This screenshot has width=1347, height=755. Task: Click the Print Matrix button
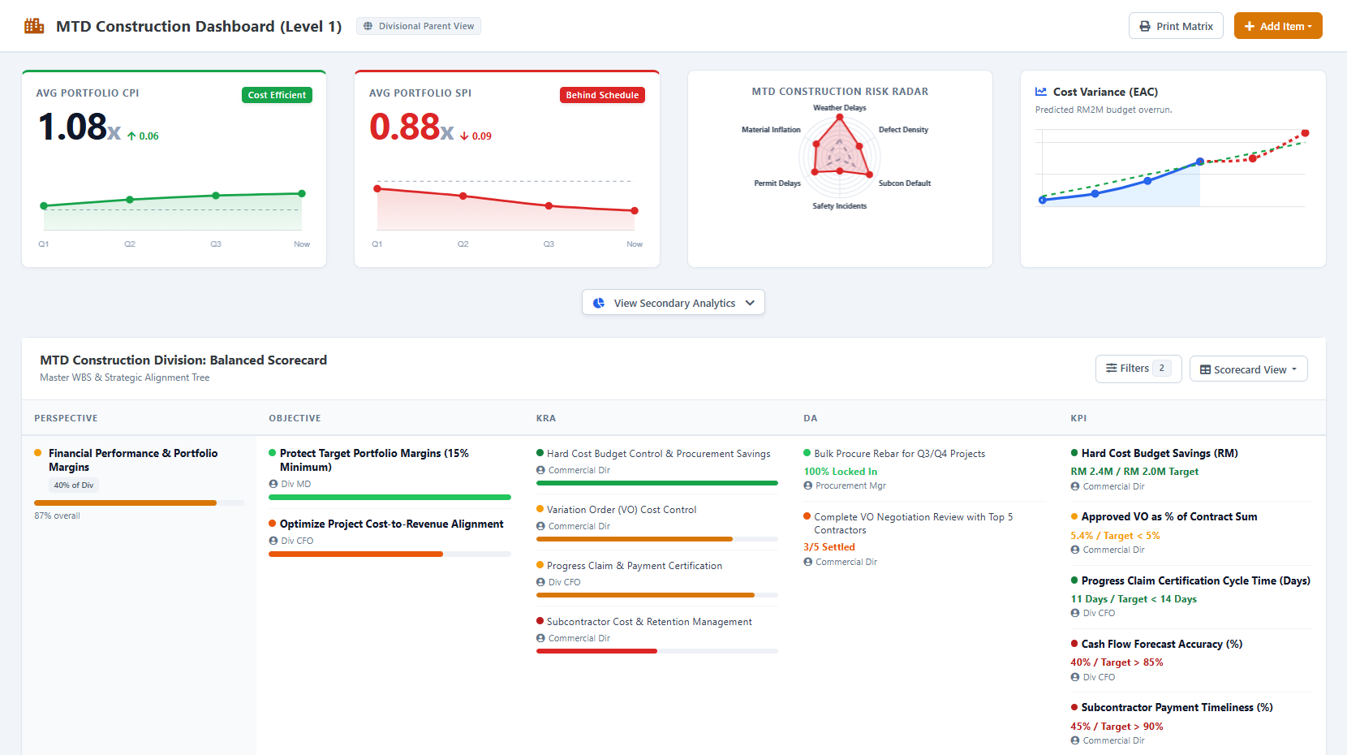pos(1176,26)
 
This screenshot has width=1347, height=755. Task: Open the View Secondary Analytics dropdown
pos(673,303)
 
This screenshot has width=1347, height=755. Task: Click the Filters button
pos(1138,369)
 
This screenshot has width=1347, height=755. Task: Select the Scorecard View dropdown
pos(1248,369)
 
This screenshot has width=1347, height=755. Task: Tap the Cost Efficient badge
pos(277,95)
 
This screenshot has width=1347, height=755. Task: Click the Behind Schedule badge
pos(602,95)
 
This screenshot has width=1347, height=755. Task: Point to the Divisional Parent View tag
pos(419,26)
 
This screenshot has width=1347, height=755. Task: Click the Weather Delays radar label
pos(840,108)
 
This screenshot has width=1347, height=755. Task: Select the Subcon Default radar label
pos(905,183)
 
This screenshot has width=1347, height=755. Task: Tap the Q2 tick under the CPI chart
pos(130,244)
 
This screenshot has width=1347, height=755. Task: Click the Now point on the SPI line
pos(635,210)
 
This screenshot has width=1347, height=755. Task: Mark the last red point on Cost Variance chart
pos(1305,133)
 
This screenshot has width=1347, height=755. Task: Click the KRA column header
pos(546,418)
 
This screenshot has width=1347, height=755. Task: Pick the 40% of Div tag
pos(73,485)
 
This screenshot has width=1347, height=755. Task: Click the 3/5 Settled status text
pos(829,547)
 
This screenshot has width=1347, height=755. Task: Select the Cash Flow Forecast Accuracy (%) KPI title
pos(1162,644)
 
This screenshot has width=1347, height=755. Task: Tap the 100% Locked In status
pos(840,472)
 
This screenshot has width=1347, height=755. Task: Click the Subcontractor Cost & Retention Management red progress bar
pos(596,651)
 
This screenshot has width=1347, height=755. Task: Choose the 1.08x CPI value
pos(79,127)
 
